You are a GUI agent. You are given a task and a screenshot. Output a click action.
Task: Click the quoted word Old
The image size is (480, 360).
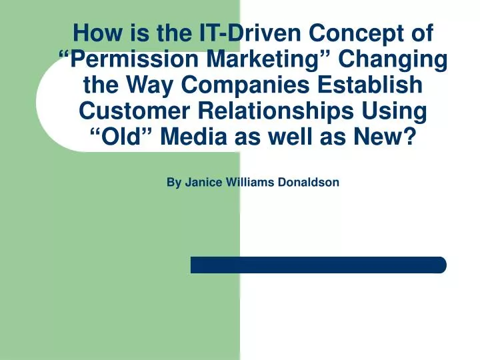125,138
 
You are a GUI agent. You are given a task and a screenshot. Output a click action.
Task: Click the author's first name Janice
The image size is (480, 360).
202,182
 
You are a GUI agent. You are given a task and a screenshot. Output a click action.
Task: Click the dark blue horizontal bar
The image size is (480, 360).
318,265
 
